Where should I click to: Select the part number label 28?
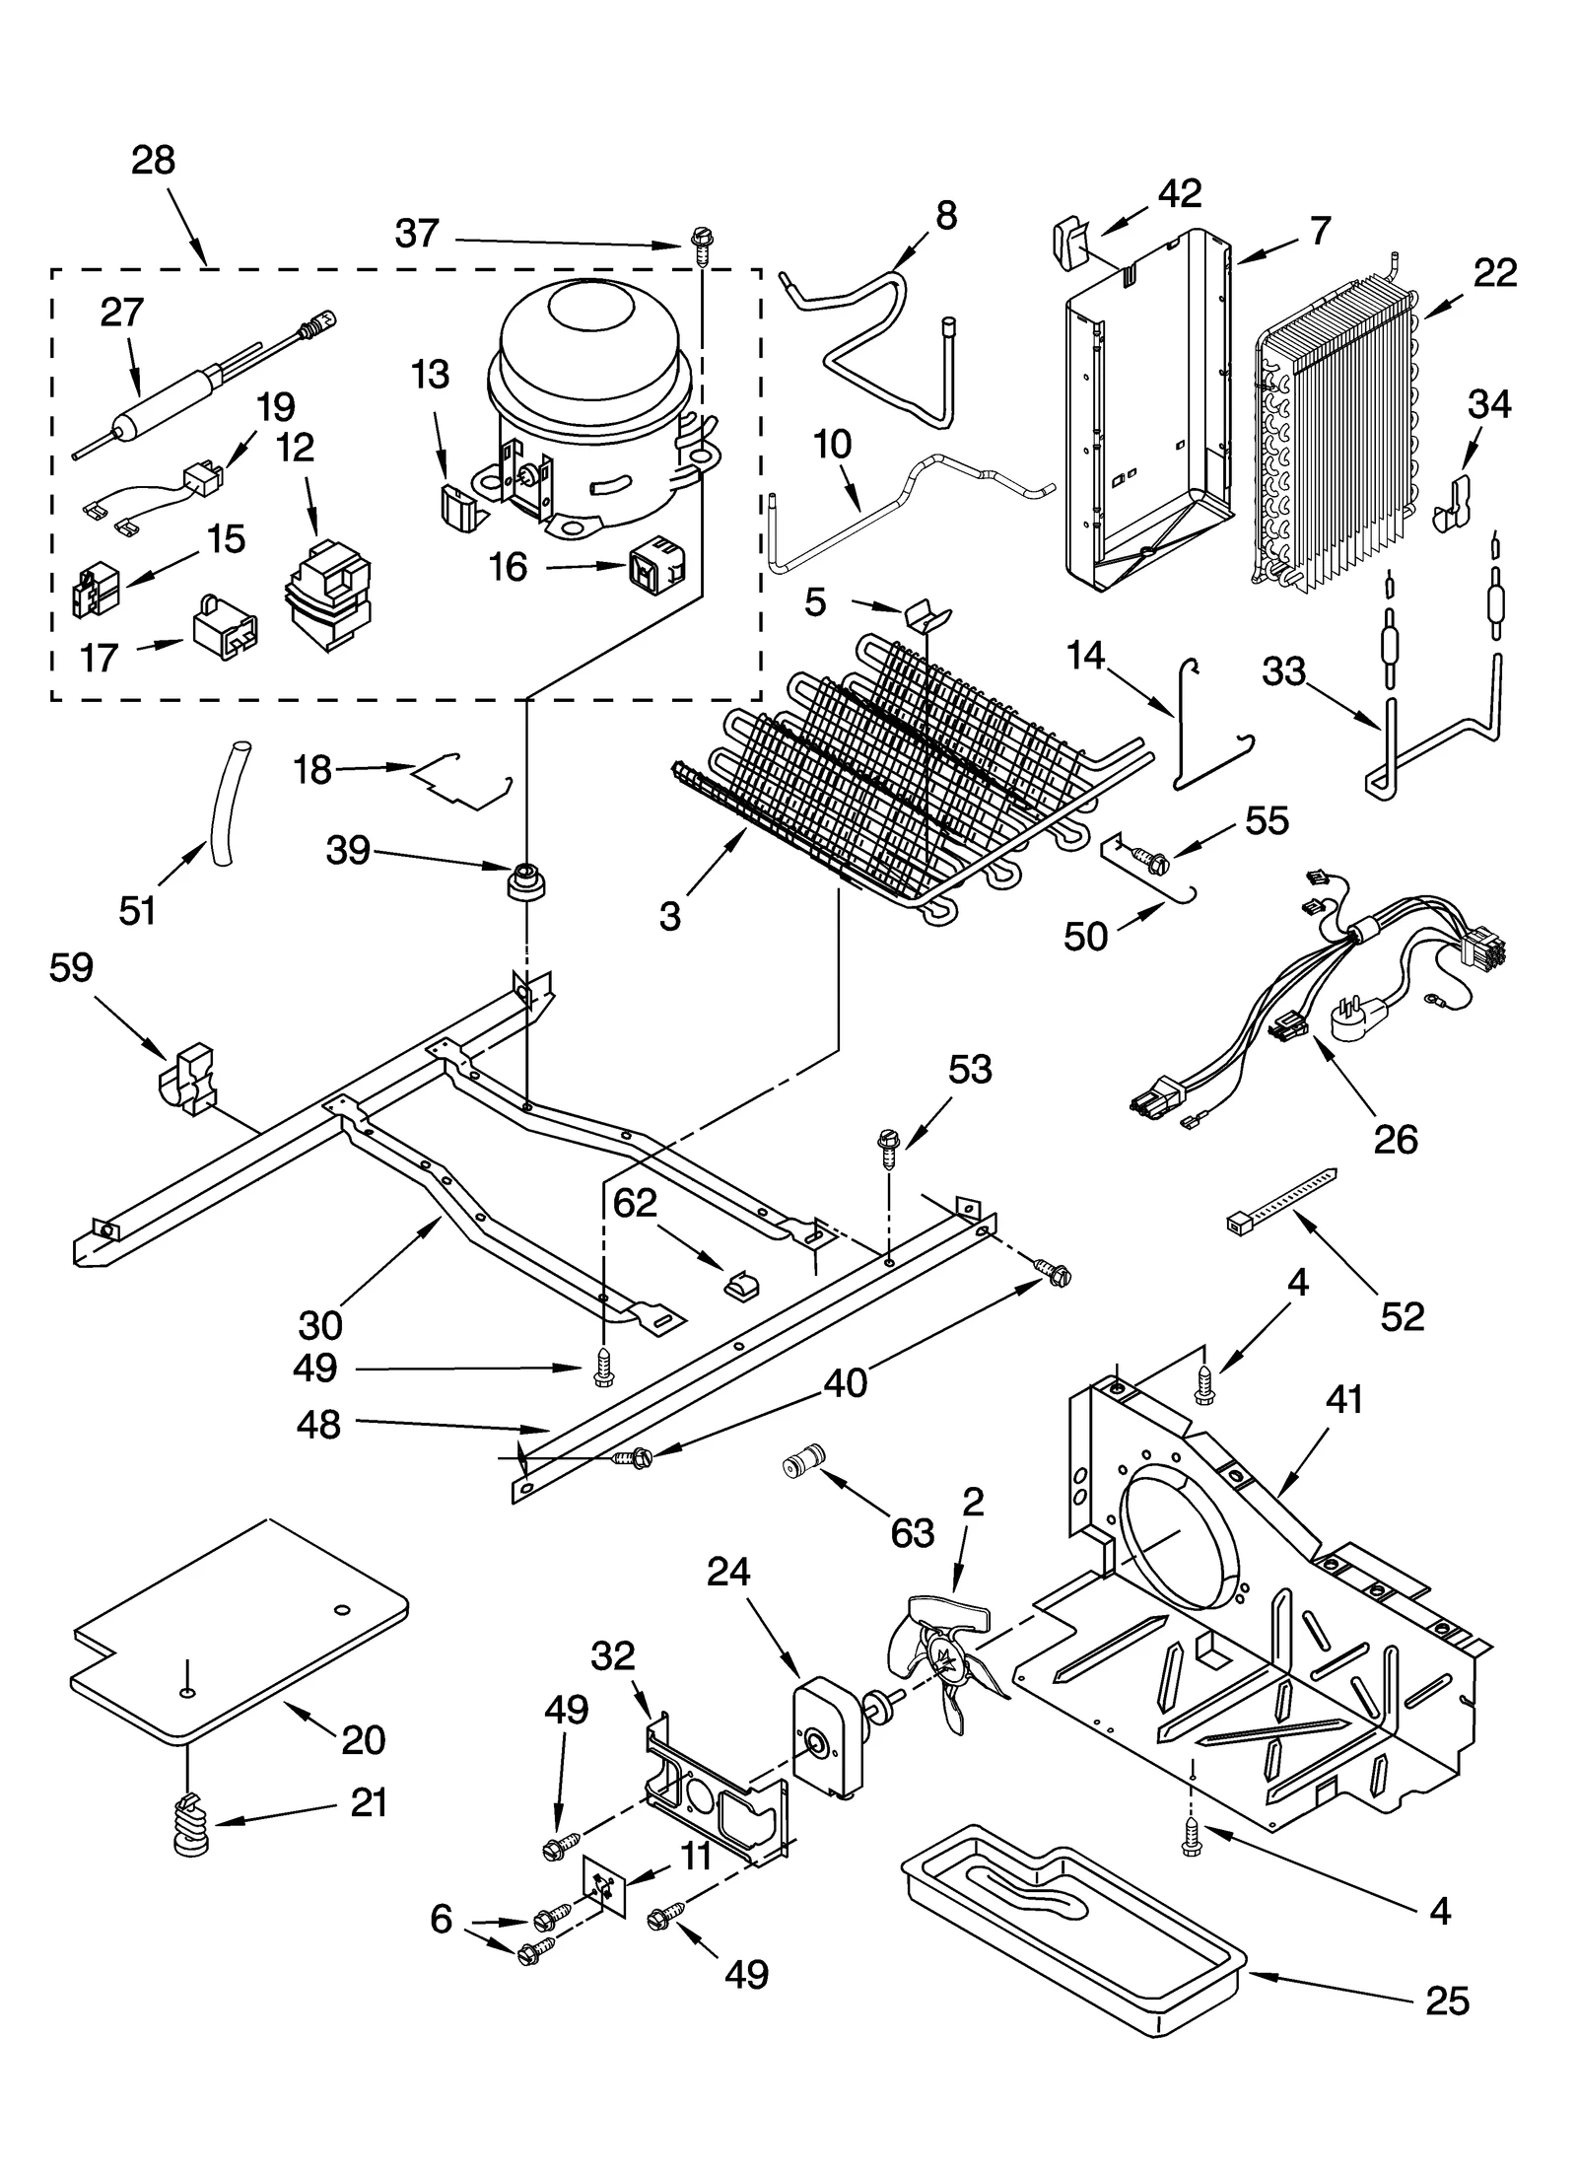point(153,161)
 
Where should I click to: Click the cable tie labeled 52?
point(1281,1196)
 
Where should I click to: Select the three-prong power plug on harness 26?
point(1357,1024)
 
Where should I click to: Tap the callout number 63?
point(912,1533)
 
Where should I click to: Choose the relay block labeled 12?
point(328,595)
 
